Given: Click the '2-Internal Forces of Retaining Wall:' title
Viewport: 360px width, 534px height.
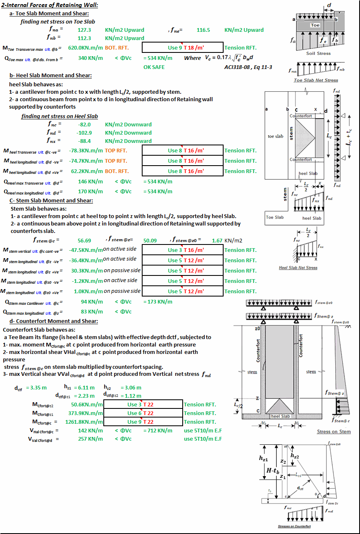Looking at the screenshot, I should [x=50, y=5].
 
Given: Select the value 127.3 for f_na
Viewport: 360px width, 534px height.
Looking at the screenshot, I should [x=84, y=30].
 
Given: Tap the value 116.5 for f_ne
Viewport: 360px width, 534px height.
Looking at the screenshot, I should [x=203, y=30].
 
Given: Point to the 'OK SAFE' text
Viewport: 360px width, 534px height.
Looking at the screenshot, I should [x=154, y=67].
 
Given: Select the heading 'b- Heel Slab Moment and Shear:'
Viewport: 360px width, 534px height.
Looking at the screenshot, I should [x=50, y=75].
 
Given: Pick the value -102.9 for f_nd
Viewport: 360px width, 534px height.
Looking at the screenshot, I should [x=84, y=133].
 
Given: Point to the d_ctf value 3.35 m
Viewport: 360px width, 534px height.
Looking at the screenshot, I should [x=36, y=387].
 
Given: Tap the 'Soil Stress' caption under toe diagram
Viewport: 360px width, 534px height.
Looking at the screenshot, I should [x=318, y=53].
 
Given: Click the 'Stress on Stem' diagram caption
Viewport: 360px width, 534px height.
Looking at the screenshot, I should [x=334, y=432].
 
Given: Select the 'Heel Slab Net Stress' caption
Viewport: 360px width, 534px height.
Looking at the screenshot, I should [x=298, y=268].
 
